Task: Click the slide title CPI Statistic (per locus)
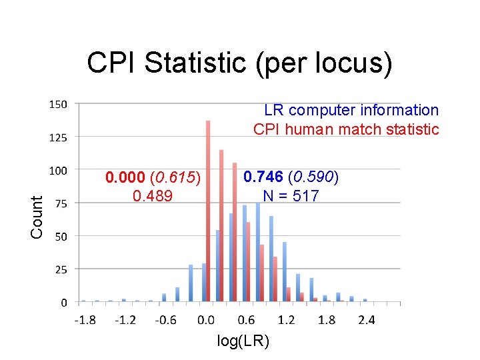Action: (x=239, y=63)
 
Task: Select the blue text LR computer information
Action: (x=351, y=110)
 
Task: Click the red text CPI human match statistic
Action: (x=346, y=129)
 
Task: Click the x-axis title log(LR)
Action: (x=243, y=341)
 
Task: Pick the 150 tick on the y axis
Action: (x=58, y=104)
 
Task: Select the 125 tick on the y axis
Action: (x=58, y=137)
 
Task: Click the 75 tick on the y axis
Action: (x=60, y=203)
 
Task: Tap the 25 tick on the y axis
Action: (x=60, y=269)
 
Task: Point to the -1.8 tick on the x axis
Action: (x=85, y=320)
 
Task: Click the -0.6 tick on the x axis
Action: (x=165, y=320)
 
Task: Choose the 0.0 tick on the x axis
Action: (x=206, y=320)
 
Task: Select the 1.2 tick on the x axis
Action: (x=286, y=320)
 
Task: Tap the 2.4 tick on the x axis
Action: (x=366, y=320)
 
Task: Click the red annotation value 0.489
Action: (x=153, y=196)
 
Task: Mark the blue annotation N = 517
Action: (x=291, y=196)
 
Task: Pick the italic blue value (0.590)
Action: (x=313, y=177)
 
